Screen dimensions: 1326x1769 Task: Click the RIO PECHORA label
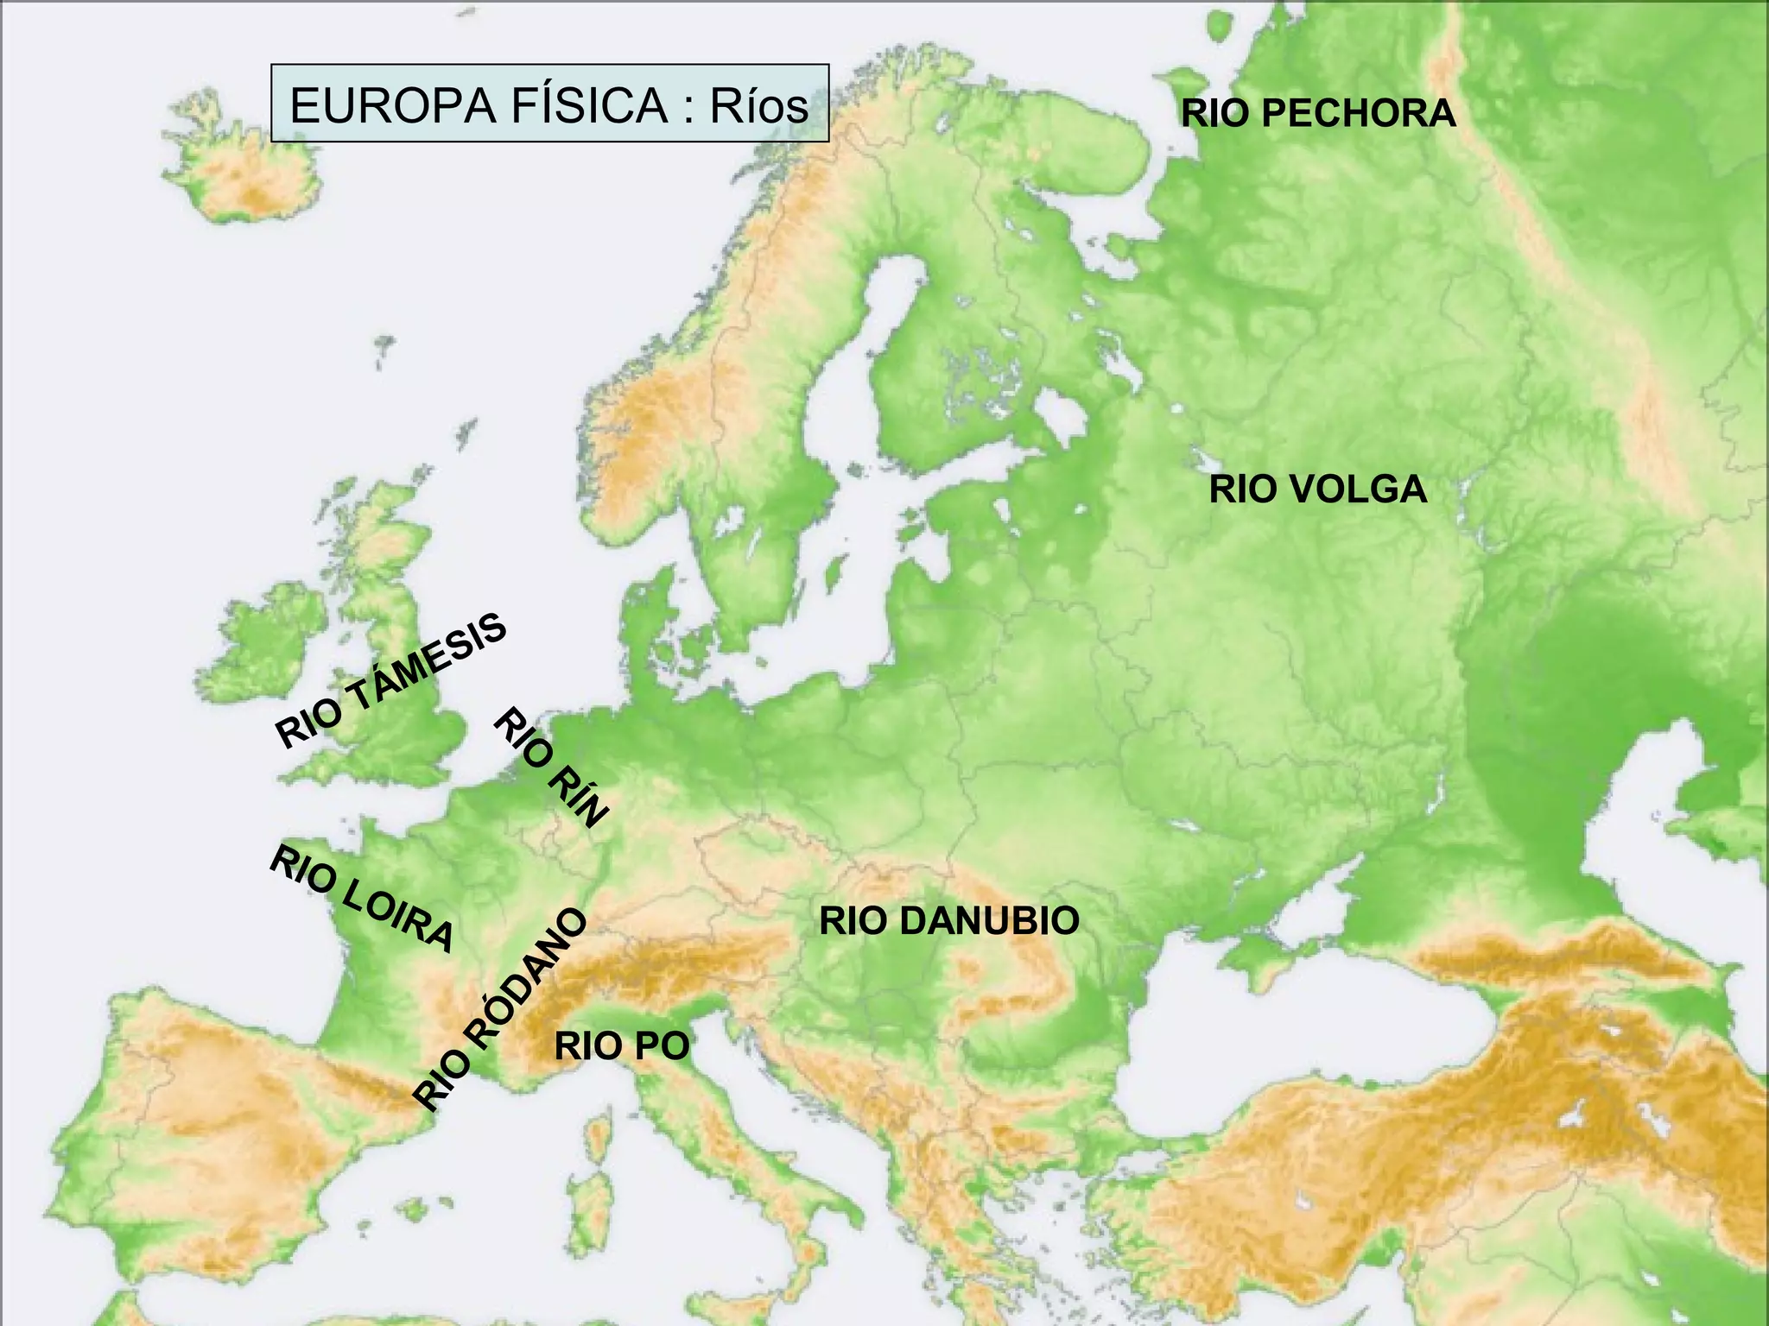point(1318,114)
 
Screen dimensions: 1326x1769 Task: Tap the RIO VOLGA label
point(1317,489)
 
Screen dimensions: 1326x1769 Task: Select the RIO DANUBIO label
point(948,921)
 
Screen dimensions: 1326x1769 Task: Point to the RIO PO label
point(622,1046)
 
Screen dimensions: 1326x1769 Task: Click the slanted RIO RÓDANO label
point(500,1009)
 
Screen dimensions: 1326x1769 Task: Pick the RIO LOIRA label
point(361,899)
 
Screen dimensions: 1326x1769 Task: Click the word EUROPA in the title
point(393,105)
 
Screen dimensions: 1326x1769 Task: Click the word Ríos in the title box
point(758,105)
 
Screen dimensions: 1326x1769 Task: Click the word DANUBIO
point(988,921)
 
